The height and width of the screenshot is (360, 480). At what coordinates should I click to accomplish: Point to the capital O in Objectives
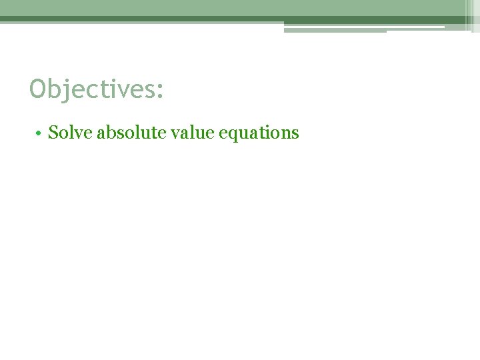37,89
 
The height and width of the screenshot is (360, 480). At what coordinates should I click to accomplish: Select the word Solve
71,133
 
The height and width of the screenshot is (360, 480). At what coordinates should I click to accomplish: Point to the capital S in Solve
53,133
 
